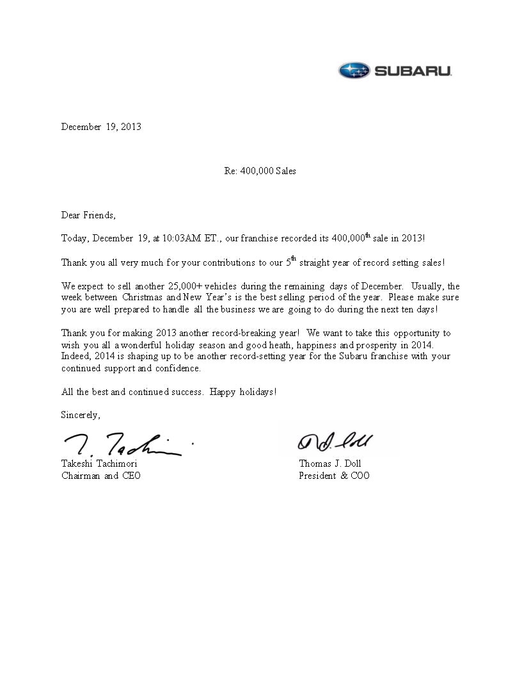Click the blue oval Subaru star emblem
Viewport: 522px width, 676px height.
354,70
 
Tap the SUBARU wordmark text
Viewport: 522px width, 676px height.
413,71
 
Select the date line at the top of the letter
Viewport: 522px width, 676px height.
101,127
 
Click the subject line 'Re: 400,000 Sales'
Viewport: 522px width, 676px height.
260,171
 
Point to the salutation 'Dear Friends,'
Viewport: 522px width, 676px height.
88,215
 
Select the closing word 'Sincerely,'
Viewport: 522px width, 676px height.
81,415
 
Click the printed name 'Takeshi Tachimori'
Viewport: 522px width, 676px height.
99,463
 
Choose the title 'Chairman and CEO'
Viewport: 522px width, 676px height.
101,476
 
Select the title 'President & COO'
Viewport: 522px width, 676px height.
334,476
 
